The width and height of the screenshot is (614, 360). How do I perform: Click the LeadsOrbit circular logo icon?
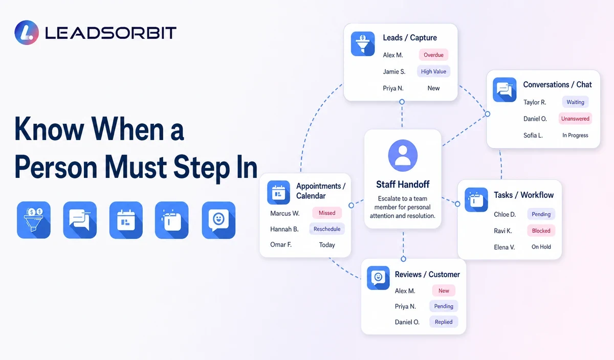27,32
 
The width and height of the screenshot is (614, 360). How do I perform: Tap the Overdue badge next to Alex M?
433,55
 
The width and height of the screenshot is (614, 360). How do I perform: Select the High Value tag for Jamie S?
433,72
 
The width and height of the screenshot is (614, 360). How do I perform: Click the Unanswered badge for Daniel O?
575,119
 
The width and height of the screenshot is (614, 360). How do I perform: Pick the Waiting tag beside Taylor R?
575,102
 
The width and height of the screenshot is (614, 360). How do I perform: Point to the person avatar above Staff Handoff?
403,155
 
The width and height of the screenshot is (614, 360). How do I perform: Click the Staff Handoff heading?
403,185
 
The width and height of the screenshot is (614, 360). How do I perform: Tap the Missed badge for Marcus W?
327,213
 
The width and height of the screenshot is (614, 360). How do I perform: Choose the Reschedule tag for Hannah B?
327,229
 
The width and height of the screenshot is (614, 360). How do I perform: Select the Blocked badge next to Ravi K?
541,231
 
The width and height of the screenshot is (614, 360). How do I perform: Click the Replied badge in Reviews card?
444,322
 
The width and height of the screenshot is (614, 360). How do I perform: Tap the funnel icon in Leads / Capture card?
363,44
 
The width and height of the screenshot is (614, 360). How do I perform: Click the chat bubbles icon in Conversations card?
505,89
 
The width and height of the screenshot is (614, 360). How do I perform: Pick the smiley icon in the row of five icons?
218,220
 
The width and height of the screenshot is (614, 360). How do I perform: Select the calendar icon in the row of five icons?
126,220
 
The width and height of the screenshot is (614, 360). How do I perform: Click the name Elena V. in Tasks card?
505,247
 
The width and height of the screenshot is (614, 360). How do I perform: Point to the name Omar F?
281,244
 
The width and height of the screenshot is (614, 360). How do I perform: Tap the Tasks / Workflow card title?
523,195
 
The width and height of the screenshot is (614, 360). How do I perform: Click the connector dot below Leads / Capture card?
402,102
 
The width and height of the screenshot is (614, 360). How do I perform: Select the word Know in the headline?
49,129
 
